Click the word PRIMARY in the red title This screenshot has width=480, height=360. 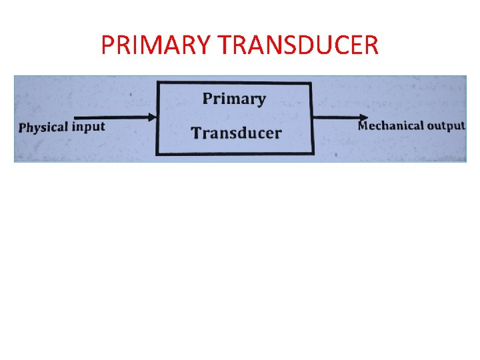pos(155,45)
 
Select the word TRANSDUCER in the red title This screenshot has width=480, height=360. pos(297,45)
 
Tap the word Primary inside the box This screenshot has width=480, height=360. pos(234,99)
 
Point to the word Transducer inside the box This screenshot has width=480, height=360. pos(236,133)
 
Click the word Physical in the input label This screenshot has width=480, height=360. pos(44,127)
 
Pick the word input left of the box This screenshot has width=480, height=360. pos(89,127)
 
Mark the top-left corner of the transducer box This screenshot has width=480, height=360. pos(157,83)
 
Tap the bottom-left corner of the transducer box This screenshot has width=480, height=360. pos(157,155)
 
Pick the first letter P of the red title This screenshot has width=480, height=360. pos(107,45)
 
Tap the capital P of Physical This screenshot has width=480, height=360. pos(23,128)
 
